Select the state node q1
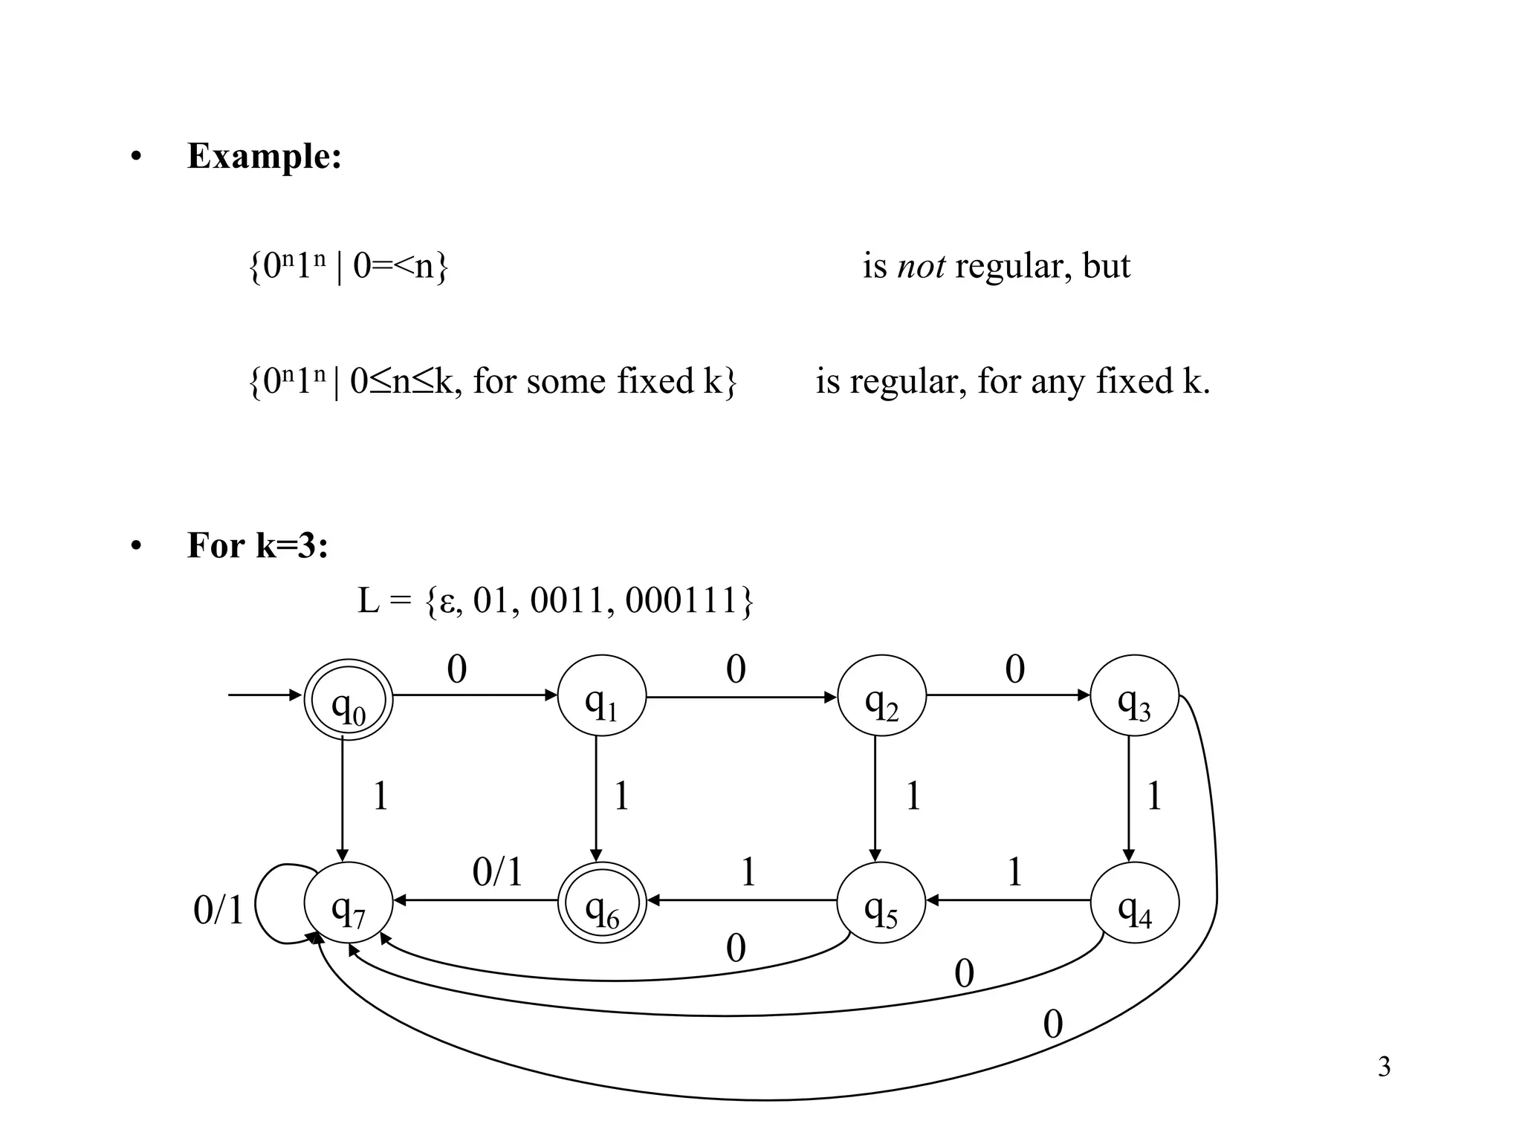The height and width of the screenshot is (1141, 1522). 602,697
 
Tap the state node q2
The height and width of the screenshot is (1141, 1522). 881,697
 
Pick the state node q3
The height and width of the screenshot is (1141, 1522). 1134,697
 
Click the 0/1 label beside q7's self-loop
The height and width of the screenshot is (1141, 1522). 218,910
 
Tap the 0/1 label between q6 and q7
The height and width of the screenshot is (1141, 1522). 497,872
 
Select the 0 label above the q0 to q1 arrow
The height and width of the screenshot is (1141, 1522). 456,669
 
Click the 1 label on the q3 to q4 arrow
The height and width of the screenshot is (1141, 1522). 1153,796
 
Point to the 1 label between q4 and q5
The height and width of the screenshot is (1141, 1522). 1014,872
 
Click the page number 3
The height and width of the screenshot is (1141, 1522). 1384,1067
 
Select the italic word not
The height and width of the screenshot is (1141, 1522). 921,266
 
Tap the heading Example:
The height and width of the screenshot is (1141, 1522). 265,156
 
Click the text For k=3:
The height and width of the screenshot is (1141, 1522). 257,545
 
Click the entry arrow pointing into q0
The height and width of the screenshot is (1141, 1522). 265,695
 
